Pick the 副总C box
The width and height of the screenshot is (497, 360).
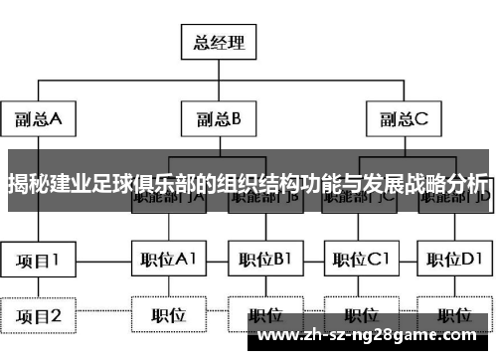(404, 119)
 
